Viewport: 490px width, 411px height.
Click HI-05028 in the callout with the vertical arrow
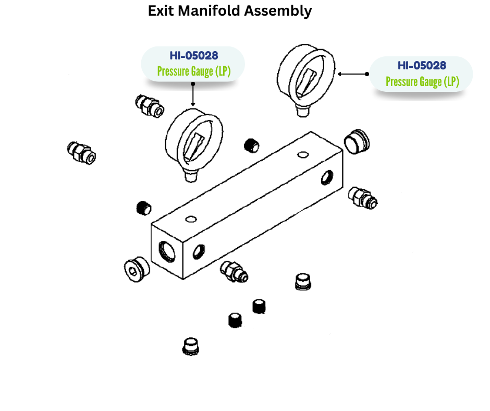(193, 56)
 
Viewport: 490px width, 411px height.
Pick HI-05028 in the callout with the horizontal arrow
(422, 66)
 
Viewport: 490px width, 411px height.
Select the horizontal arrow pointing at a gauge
(353, 74)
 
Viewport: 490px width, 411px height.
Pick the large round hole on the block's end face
(167, 251)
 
